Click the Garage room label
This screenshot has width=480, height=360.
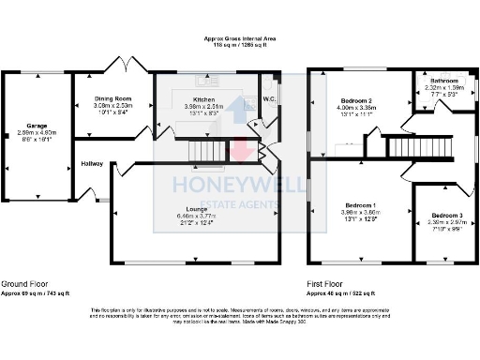pyautogui.click(x=37, y=122)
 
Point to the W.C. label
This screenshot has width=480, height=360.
pyautogui.click(x=269, y=98)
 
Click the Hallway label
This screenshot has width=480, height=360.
pyautogui.click(x=92, y=164)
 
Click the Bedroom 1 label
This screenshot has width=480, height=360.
pyautogui.click(x=360, y=204)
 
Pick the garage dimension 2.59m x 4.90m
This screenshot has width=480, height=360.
pyautogui.click(x=37, y=129)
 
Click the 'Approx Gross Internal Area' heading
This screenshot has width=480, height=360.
pyautogui.click(x=240, y=37)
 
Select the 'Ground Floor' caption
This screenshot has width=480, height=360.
pyautogui.click(x=24, y=283)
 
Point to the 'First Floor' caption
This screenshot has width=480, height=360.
pyautogui.click(x=328, y=283)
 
